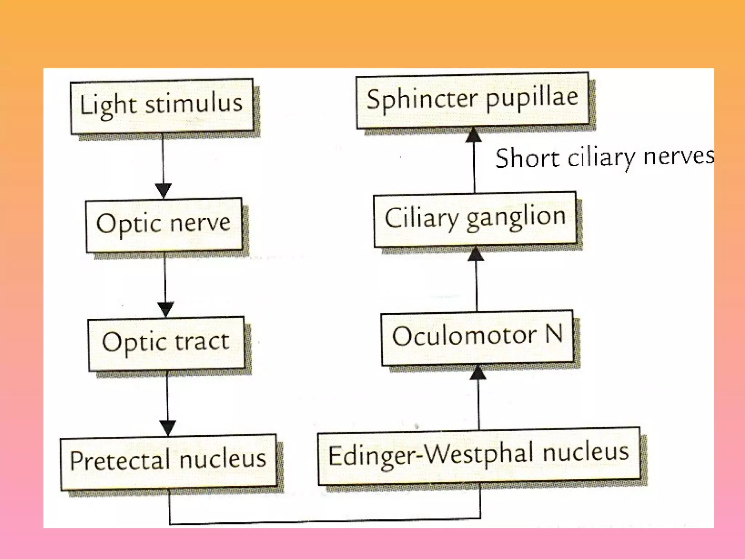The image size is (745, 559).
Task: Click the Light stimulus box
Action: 162,106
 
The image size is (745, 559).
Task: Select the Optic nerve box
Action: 164,225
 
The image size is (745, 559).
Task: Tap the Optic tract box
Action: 166,343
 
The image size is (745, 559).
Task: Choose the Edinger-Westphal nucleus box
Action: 479,456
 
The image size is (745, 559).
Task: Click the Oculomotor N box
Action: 477,337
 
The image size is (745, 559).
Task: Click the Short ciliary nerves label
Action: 604,158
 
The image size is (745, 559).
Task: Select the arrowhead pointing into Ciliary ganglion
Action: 476,254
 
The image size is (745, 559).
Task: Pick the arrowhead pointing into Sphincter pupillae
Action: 474,135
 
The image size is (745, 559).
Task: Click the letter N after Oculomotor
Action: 554,333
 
